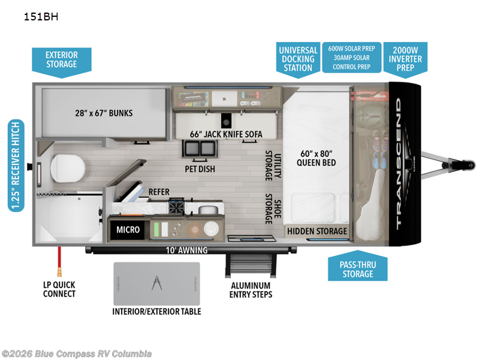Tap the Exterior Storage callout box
61,59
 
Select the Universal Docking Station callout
298,59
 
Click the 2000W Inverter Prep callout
406,59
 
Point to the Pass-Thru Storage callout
358,268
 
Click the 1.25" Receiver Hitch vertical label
16,165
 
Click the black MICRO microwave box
128,229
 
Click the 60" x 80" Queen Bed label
317,157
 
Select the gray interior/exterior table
156,283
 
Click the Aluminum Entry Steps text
251,290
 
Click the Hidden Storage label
317,231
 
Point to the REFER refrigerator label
159,192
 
